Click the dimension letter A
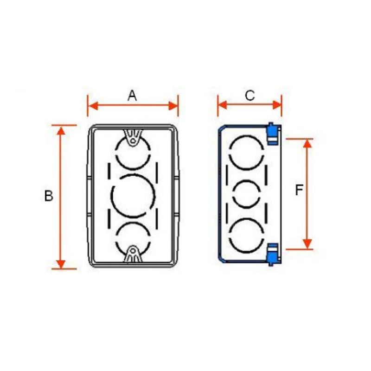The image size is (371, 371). click(x=132, y=96)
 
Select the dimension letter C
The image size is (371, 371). click(x=250, y=96)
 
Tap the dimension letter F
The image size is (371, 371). click(x=299, y=190)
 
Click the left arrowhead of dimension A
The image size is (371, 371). click(x=92, y=106)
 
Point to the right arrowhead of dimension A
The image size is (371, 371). click(x=173, y=106)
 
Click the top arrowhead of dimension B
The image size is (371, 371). click(x=61, y=131)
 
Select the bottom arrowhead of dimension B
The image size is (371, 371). click(x=61, y=264)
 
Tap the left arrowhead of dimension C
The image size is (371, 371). click(x=223, y=105)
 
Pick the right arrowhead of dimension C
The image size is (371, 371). click(x=277, y=105)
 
